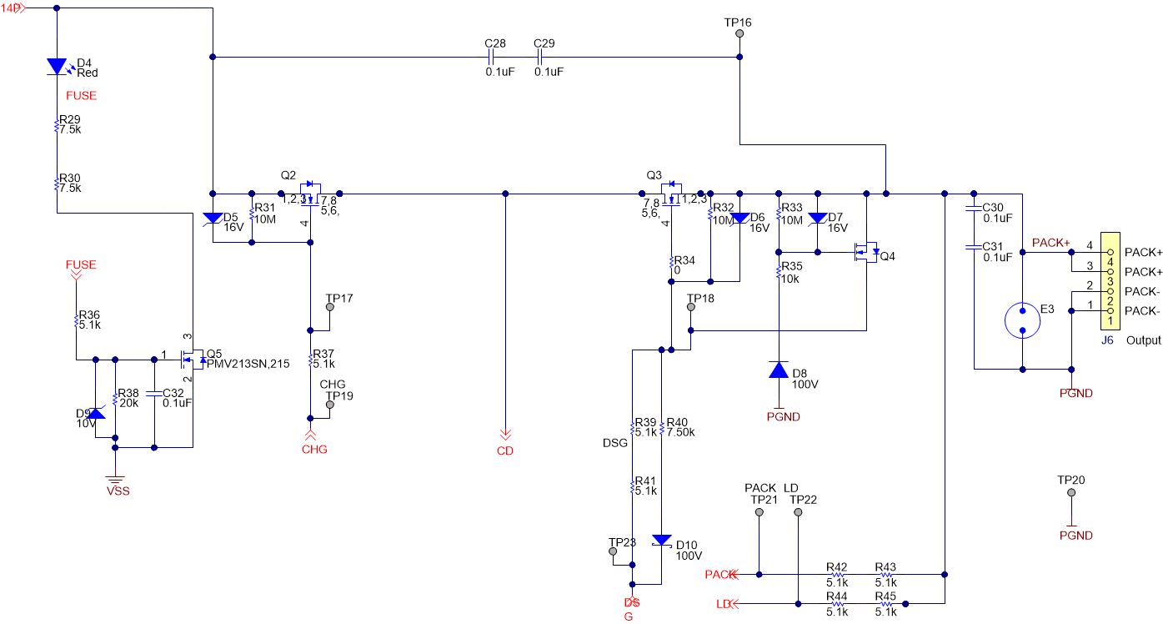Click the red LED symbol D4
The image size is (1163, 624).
click(56, 66)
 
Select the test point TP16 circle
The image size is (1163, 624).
click(739, 34)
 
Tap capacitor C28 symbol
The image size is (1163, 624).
click(490, 57)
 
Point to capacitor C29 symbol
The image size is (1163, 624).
click(539, 57)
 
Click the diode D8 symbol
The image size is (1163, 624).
click(778, 370)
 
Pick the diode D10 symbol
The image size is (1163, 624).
click(662, 541)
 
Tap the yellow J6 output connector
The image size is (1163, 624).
click(1110, 281)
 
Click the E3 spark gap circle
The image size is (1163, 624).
click(1022, 320)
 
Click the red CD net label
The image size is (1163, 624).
click(505, 451)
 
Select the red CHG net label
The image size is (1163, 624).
click(314, 450)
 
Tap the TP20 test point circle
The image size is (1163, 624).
click(1071, 493)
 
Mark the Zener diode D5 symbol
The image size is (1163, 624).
click(213, 219)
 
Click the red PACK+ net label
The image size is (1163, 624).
click(1050, 243)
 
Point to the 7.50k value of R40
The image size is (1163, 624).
click(681, 431)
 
